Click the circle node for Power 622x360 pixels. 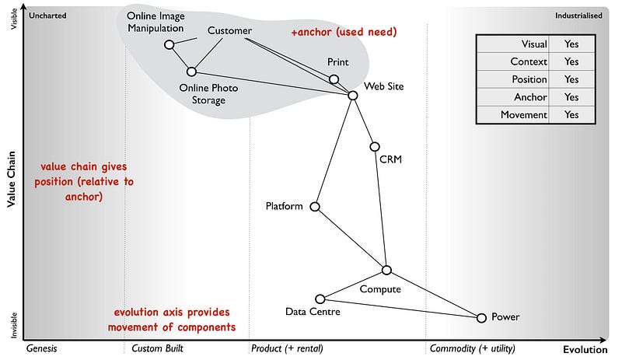point(481,317)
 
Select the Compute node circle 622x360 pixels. point(386,270)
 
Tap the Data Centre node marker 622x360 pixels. point(320,299)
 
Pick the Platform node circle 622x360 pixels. point(315,207)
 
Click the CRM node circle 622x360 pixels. point(375,146)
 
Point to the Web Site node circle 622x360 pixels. point(352,95)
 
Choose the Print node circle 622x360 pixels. point(334,79)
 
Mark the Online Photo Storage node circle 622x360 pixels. point(191,72)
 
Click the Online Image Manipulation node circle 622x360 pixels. point(169,44)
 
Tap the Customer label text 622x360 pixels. point(229,31)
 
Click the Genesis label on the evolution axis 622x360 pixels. point(42,348)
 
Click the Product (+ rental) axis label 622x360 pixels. point(287,348)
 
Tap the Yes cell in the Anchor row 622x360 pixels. point(571,97)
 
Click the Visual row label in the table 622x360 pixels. point(533,44)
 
